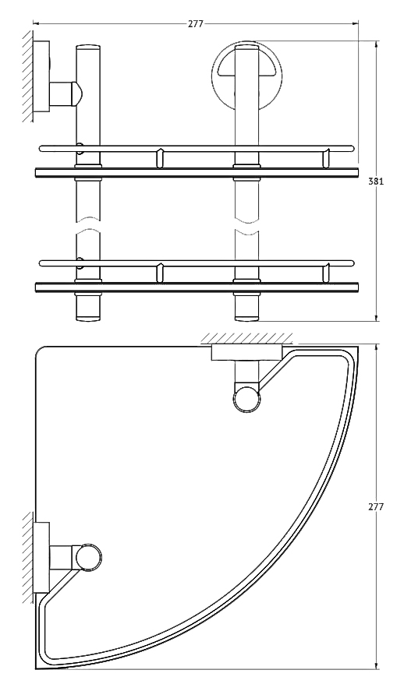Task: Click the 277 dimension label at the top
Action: coord(196,24)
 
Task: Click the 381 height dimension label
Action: coord(376,181)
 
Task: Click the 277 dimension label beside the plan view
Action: coord(376,507)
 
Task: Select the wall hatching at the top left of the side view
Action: coord(27,76)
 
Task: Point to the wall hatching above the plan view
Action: coord(246,338)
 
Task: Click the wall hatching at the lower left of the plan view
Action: coord(27,557)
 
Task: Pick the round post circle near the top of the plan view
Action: coord(246,399)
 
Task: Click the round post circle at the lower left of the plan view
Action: coord(88,556)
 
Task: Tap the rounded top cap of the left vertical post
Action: coord(88,48)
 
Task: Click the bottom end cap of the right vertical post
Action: coord(246,317)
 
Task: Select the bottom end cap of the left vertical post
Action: coord(88,317)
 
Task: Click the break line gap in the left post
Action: coord(88,224)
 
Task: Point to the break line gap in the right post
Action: coord(246,224)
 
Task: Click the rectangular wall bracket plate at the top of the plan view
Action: coord(246,353)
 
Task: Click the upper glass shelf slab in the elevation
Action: coord(197,172)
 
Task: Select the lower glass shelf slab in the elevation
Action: coord(197,287)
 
